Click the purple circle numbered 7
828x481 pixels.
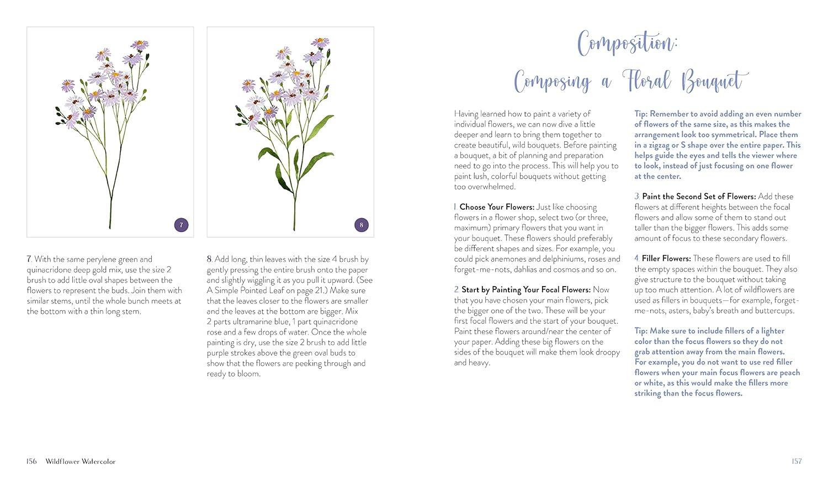[181, 225]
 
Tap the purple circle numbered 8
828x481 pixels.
[361, 225]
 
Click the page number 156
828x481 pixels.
[31, 462]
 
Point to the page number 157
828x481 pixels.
[796, 462]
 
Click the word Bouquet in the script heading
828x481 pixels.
[715, 82]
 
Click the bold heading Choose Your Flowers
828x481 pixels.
[497, 207]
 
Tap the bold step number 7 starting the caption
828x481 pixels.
[29, 259]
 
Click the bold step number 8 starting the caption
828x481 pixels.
[210, 259]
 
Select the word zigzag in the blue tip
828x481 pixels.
[662, 145]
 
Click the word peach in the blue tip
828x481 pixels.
[789, 373]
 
